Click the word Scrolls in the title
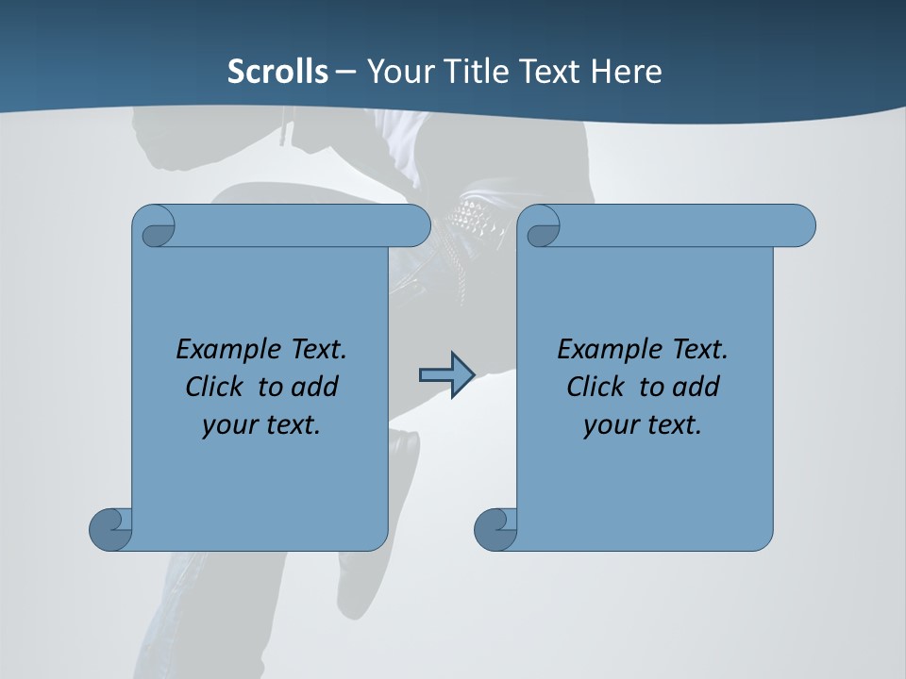(277, 72)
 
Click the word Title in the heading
(466, 72)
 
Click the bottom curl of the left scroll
(110, 529)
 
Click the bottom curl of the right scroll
(495, 529)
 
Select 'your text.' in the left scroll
(261, 424)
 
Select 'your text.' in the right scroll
(643, 424)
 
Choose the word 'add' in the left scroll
(315, 387)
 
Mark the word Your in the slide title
(396, 72)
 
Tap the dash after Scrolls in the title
(345, 72)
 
